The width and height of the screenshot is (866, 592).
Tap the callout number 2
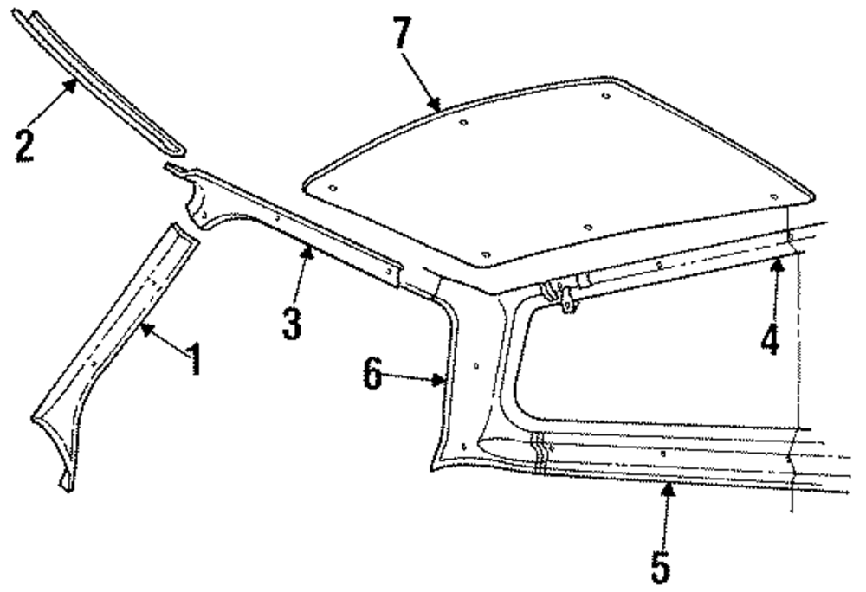pyautogui.click(x=24, y=144)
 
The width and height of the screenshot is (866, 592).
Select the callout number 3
pyautogui.click(x=292, y=321)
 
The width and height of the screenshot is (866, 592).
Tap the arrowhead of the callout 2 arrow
pyautogui.click(x=74, y=80)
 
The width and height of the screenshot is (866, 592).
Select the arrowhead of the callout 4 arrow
pyautogui.click(x=777, y=261)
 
